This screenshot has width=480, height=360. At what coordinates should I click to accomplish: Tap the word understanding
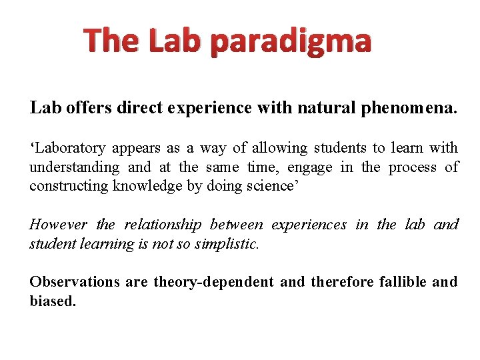tap(75, 167)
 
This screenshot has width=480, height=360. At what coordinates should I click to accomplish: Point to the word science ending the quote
tap(273, 187)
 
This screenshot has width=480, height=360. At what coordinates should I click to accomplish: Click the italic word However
tap(59, 225)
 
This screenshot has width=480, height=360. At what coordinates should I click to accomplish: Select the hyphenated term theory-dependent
tap(213, 282)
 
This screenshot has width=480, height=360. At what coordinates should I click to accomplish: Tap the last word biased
tap(53, 301)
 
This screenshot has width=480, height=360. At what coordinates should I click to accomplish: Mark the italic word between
tap(236, 225)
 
